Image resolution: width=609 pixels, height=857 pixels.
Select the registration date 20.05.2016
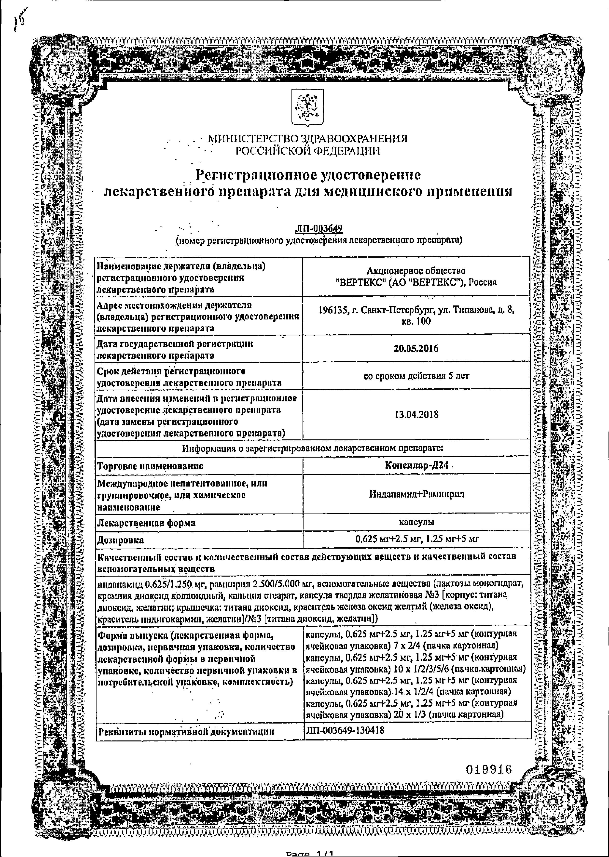416,348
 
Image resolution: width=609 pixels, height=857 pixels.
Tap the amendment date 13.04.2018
416,415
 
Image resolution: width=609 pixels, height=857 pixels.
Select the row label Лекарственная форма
146,523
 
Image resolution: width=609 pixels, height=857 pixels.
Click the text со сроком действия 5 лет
416,376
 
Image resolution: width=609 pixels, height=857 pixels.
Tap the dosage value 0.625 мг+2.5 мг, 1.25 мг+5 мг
417,539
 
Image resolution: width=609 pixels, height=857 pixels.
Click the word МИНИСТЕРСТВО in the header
253,139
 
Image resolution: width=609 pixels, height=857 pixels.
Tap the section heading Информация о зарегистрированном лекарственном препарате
313,448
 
